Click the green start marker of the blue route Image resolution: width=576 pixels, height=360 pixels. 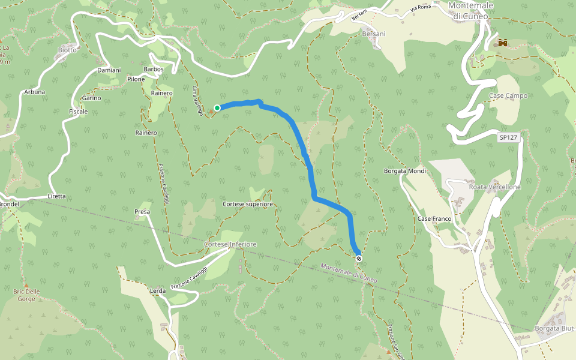[x=217, y=108]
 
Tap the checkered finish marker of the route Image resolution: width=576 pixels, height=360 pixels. [x=359, y=259]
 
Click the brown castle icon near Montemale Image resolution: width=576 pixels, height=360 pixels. [x=502, y=43]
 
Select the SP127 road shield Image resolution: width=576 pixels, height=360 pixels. [x=508, y=137]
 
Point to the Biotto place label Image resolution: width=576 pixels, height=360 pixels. [x=67, y=50]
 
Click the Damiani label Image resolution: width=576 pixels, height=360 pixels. [x=109, y=70]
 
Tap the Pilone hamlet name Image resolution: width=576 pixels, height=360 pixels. [x=136, y=79]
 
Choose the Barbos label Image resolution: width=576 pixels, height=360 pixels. [x=154, y=69]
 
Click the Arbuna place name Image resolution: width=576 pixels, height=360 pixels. [x=35, y=92]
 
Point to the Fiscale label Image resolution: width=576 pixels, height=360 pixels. [x=79, y=112]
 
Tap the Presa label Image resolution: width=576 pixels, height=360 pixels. [x=142, y=212]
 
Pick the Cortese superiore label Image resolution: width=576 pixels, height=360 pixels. [x=248, y=205]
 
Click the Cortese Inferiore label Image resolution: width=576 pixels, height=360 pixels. [x=230, y=244]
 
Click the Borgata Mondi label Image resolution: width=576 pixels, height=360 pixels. [x=405, y=171]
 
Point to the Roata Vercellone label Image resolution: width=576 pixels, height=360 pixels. [x=495, y=187]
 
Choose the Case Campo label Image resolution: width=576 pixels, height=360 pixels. [x=508, y=95]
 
